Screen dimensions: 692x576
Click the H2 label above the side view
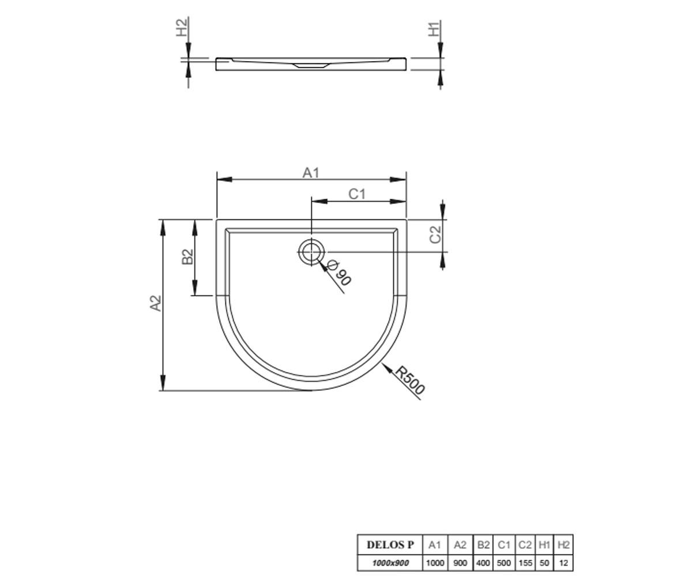182,27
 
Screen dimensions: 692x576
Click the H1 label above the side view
434,29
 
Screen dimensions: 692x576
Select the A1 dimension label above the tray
311,173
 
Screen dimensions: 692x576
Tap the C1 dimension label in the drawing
357,194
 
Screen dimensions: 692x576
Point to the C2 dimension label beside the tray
435,234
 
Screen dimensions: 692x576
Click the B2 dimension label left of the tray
187,257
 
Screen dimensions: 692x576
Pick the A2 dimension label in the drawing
156,303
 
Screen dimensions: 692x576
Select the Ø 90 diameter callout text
339,273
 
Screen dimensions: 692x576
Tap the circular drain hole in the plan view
311,252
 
